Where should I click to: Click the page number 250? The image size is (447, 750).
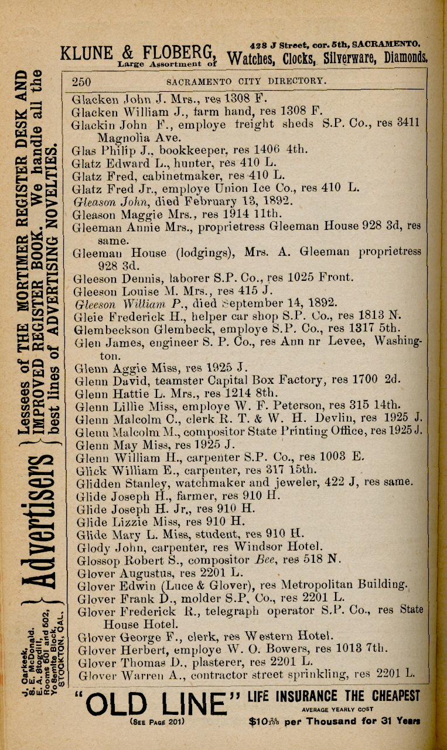pyautogui.click(x=84, y=81)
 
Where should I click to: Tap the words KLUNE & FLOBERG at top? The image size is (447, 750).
pyautogui.click(x=138, y=51)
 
